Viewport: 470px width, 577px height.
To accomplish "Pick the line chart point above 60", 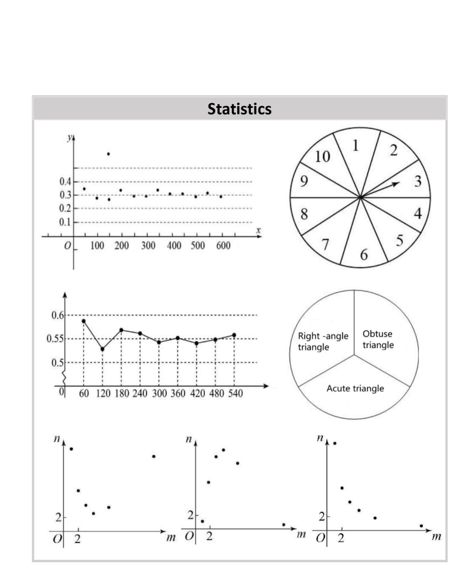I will (x=83, y=321).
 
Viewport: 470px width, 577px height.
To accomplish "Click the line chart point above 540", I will (x=234, y=335).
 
